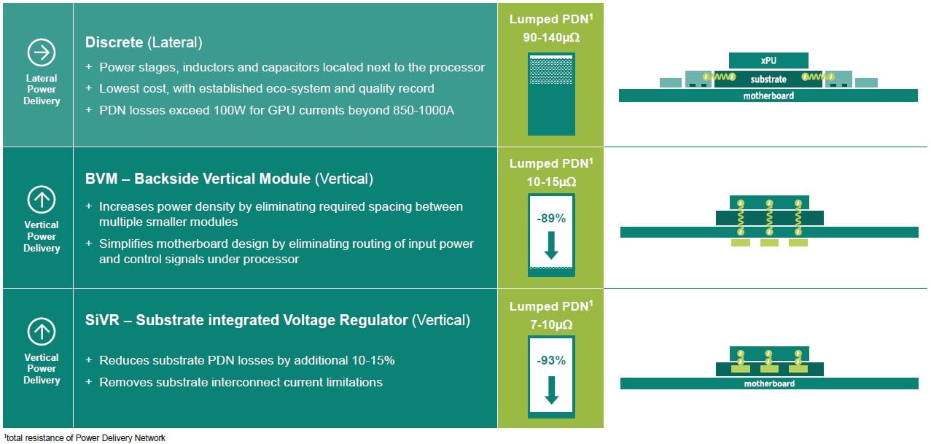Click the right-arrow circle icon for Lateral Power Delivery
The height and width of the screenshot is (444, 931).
tap(42, 52)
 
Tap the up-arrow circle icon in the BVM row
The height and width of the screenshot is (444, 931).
tap(42, 199)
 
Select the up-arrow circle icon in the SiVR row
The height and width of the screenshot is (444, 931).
tap(42, 332)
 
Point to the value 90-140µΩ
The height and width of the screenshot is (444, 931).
tap(550, 36)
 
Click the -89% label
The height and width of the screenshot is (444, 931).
tap(551, 217)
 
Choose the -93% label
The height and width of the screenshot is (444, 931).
tap(551, 360)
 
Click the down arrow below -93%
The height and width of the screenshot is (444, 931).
tap(551, 390)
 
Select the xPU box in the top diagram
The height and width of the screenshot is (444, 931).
tap(768, 61)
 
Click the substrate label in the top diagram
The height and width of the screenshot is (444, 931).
tap(768, 79)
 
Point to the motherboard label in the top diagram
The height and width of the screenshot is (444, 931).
tap(768, 96)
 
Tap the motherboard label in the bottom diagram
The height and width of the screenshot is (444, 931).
tap(768, 383)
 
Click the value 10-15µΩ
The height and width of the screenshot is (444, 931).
tap(550, 179)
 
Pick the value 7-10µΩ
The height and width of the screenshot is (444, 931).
tap(550, 322)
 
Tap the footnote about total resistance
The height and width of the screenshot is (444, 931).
tap(83, 437)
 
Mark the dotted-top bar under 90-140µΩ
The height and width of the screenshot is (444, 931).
tap(551, 93)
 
